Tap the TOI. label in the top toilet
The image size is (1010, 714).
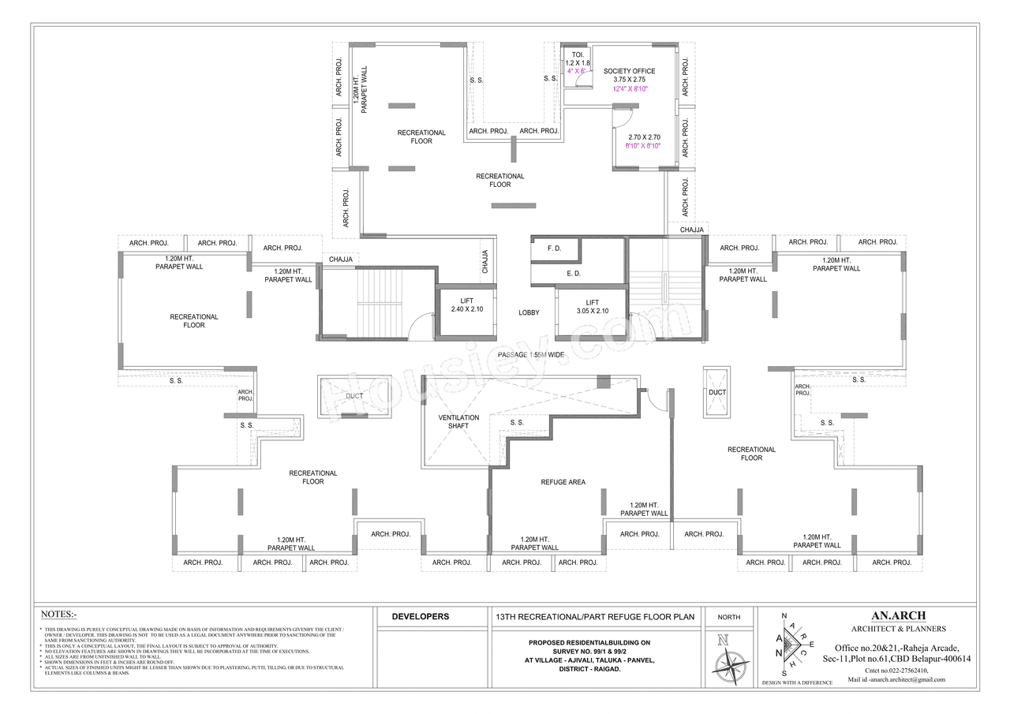[x=577, y=54]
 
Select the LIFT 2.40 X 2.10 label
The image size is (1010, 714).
[x=466, y=305]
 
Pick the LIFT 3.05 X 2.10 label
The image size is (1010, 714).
[x=592, y=306]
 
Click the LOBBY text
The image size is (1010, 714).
[x=529, y=313]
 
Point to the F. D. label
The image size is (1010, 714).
[x=554, y=249]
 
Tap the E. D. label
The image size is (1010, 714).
[x=574, y=273]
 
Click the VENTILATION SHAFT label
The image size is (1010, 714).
[x=458, y=421]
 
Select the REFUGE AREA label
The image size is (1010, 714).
[x=563, y=482]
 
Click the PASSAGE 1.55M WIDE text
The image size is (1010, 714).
[x=530, y=355]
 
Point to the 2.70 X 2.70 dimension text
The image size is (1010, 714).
[x=644, y=137]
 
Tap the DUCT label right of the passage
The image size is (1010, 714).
[x=716, y=392]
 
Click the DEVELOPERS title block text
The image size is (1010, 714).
[x=421, y=617]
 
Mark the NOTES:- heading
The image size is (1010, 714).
[x=59, y=614]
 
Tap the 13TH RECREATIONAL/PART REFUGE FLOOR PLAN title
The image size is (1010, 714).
[x=594, y=617]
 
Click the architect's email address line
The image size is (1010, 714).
[x=896, y=679]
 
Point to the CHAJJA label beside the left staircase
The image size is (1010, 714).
[x=342, y=259]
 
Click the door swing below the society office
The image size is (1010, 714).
[x=621, y=118]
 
